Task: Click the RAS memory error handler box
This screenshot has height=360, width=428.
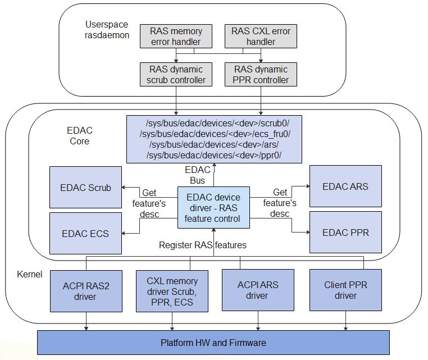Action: click(176, 37)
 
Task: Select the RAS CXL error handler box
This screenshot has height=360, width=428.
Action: click(261, 37)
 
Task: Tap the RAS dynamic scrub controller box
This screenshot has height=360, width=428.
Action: click(176, 75)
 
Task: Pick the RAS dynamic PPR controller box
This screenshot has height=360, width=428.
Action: click(261, 75)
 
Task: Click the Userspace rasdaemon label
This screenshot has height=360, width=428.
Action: click(107, 30)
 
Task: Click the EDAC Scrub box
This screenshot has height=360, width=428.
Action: click(85, 188)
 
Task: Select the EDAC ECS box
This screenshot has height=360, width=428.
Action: click(85, 233)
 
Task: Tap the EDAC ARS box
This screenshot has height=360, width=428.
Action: click(345, 186)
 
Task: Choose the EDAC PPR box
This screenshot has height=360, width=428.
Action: click(345, 232)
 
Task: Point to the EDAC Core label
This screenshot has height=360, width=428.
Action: click(79, 135)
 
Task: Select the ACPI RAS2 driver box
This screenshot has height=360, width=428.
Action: click(85, 290)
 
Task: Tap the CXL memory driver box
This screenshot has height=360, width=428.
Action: click(172, 290)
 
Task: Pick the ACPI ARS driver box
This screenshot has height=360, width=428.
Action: click(257, 290)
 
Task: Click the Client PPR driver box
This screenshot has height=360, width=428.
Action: click(345, 290)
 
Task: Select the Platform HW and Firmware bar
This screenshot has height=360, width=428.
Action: click(213, 343)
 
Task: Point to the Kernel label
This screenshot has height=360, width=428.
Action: click(29, 275)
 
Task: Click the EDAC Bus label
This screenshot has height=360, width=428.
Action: click(197, 175)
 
